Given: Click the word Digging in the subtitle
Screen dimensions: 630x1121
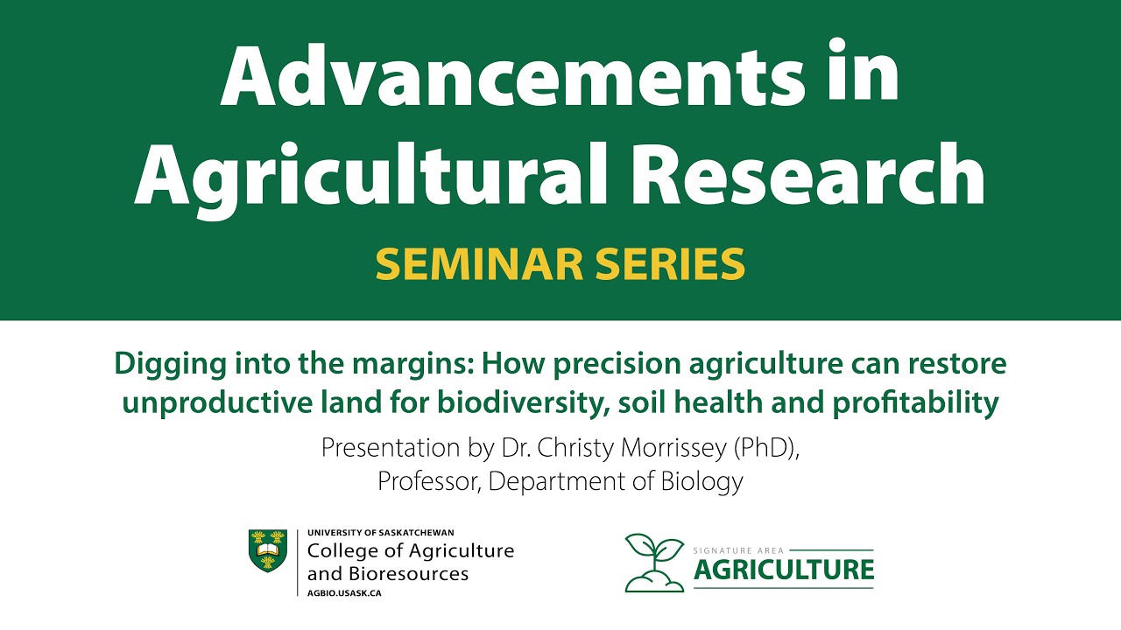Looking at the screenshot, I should point(164,365).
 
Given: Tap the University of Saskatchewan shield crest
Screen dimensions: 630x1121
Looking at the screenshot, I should point(268,551).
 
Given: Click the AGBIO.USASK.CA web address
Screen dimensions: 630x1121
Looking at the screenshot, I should point(344,593).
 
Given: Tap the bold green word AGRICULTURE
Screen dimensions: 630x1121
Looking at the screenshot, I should point(784,570).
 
